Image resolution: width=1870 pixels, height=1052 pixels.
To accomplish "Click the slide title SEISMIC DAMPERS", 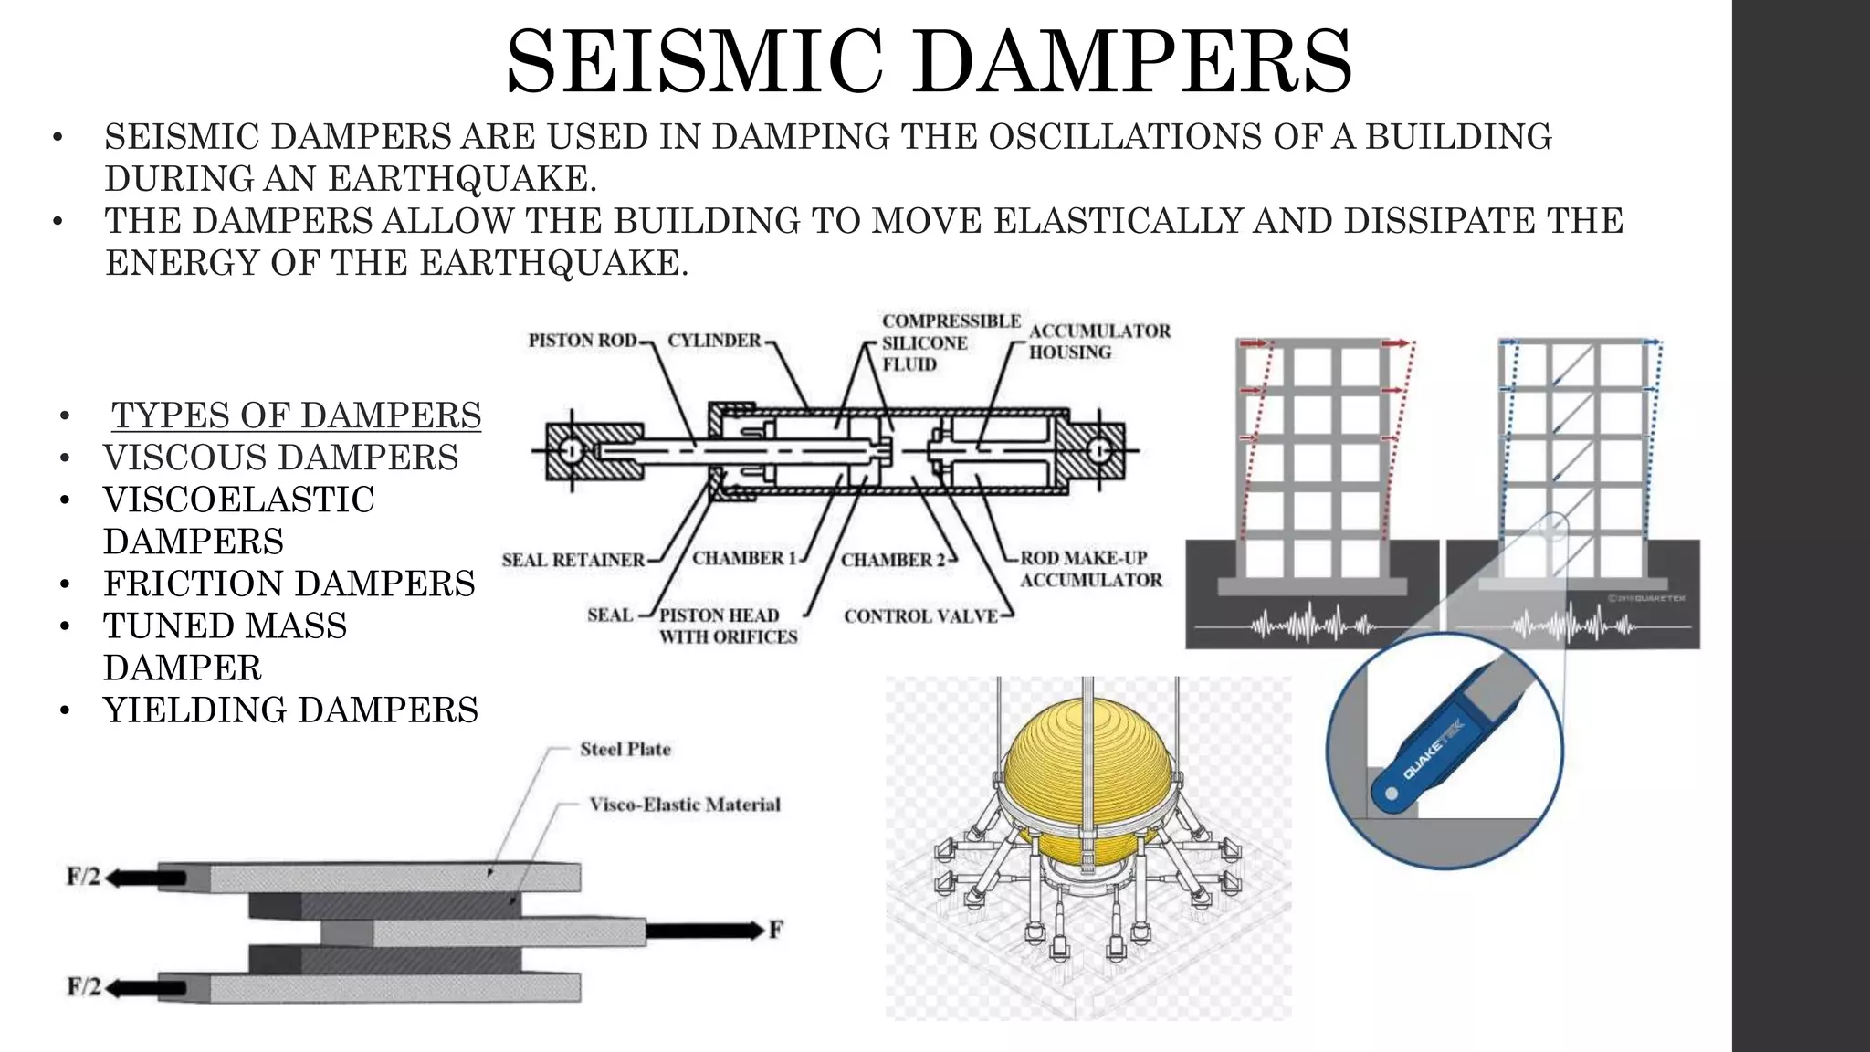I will tap(929, 62).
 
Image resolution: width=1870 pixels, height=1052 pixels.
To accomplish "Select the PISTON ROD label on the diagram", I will tap(582, 341).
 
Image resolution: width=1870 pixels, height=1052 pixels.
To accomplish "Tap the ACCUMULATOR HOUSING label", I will tap(1098, 342).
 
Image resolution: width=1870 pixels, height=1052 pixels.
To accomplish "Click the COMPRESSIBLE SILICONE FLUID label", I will tap(950, 342).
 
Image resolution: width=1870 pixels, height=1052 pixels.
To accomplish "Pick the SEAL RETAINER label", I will tap(573, 560).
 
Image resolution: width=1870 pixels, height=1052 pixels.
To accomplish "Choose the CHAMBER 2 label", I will tap(892, 560).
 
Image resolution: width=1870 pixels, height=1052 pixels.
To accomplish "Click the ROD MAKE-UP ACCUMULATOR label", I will tap(1090, 569).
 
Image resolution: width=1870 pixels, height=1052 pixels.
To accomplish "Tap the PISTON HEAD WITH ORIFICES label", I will tap(728, 626).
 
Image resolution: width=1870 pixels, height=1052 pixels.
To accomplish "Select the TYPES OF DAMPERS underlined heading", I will tap(296, 416).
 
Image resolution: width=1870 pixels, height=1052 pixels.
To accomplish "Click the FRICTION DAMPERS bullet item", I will tap(289, 584).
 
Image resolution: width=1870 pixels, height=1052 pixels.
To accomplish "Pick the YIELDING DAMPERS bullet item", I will tap(290, 710).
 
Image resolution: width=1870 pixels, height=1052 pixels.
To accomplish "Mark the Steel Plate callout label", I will tap(625, 750).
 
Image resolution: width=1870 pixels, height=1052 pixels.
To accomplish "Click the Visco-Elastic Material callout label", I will tap(684, 805).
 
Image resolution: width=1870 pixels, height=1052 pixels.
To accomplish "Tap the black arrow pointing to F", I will tap(703, 931).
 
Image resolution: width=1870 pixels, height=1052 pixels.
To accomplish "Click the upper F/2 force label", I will tap(83, 877).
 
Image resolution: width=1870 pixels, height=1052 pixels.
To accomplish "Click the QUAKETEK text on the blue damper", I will tap(1432, 750).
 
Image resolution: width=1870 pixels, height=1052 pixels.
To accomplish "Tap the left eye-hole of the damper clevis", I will tap(571, 450).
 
